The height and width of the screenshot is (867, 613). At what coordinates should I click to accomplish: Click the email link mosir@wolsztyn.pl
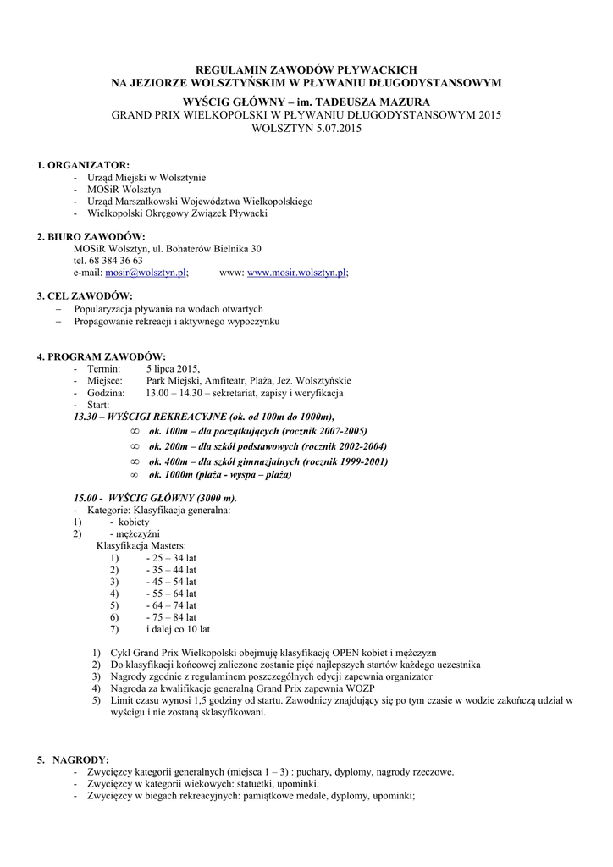(146, 273)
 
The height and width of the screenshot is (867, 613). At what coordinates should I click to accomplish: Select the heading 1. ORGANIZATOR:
(83, 164)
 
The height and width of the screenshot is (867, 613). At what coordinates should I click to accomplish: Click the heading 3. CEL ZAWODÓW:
(85, 296)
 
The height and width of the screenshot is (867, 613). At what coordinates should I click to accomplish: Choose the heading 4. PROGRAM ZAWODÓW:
(101, 356)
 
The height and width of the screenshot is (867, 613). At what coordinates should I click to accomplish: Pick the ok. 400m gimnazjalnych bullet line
(268, 461)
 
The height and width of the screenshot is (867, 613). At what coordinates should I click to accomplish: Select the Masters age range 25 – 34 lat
(171, 558)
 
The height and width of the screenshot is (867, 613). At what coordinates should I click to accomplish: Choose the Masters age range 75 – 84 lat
(171, 617)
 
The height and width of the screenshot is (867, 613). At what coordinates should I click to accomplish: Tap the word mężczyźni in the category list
(139, 534)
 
